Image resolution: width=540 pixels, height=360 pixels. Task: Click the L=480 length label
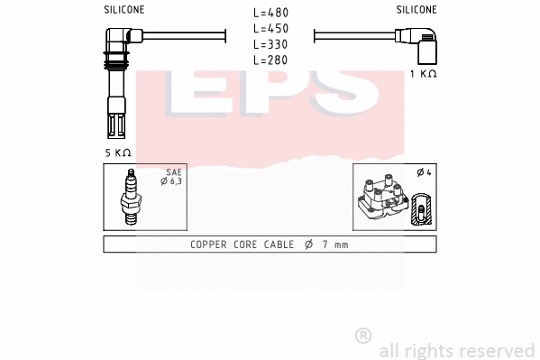(270, 13)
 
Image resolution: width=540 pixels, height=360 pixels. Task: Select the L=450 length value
(270, 28)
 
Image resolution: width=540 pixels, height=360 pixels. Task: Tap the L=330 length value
(270, 43)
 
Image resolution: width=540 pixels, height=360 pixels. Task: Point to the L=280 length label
(270, 59)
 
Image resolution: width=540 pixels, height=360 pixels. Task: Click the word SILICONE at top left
(124, 10)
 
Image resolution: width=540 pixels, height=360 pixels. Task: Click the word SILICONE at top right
(416, 10)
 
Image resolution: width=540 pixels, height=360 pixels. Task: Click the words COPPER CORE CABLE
(241, 245)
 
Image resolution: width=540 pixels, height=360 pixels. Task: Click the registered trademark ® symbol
(363, 336)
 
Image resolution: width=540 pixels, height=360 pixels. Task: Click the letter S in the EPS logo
(347, 95)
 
